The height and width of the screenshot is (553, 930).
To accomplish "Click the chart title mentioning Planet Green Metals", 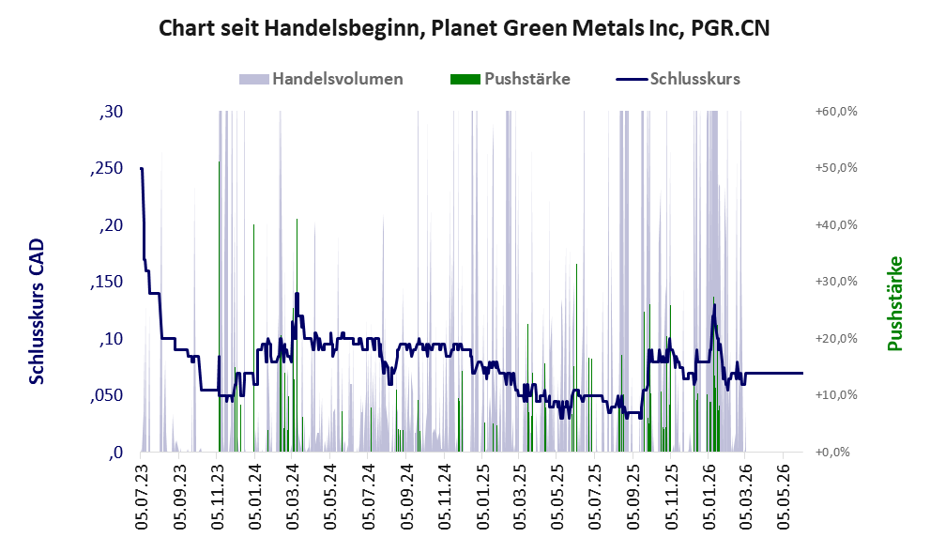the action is [465, 28].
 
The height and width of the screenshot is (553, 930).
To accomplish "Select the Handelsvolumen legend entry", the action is [321, 79].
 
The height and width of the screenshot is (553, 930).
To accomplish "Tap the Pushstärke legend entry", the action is [511, 79].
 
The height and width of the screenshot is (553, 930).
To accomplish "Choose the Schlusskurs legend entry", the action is [678, 79].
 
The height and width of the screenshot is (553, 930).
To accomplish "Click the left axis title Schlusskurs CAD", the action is [37, 311].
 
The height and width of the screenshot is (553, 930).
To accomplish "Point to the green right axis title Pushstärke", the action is [895, 303].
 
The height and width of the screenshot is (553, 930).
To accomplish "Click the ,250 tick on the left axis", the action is [107, 168].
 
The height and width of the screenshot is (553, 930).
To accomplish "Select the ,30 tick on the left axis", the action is [111, 112].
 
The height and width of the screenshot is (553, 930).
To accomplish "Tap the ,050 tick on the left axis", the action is [107, 396].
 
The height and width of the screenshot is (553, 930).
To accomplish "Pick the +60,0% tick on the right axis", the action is [836, 112].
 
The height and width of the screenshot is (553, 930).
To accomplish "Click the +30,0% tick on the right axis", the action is [836, 282].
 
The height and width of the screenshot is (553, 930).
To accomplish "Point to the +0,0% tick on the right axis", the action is [832, 453].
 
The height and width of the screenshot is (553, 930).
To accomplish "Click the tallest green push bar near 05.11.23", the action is [219, 306].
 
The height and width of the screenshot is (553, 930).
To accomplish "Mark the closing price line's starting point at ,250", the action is [141, 168].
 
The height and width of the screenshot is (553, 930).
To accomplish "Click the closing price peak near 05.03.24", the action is [297, 293].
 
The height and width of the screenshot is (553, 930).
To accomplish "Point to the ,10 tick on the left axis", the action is [111, 339].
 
